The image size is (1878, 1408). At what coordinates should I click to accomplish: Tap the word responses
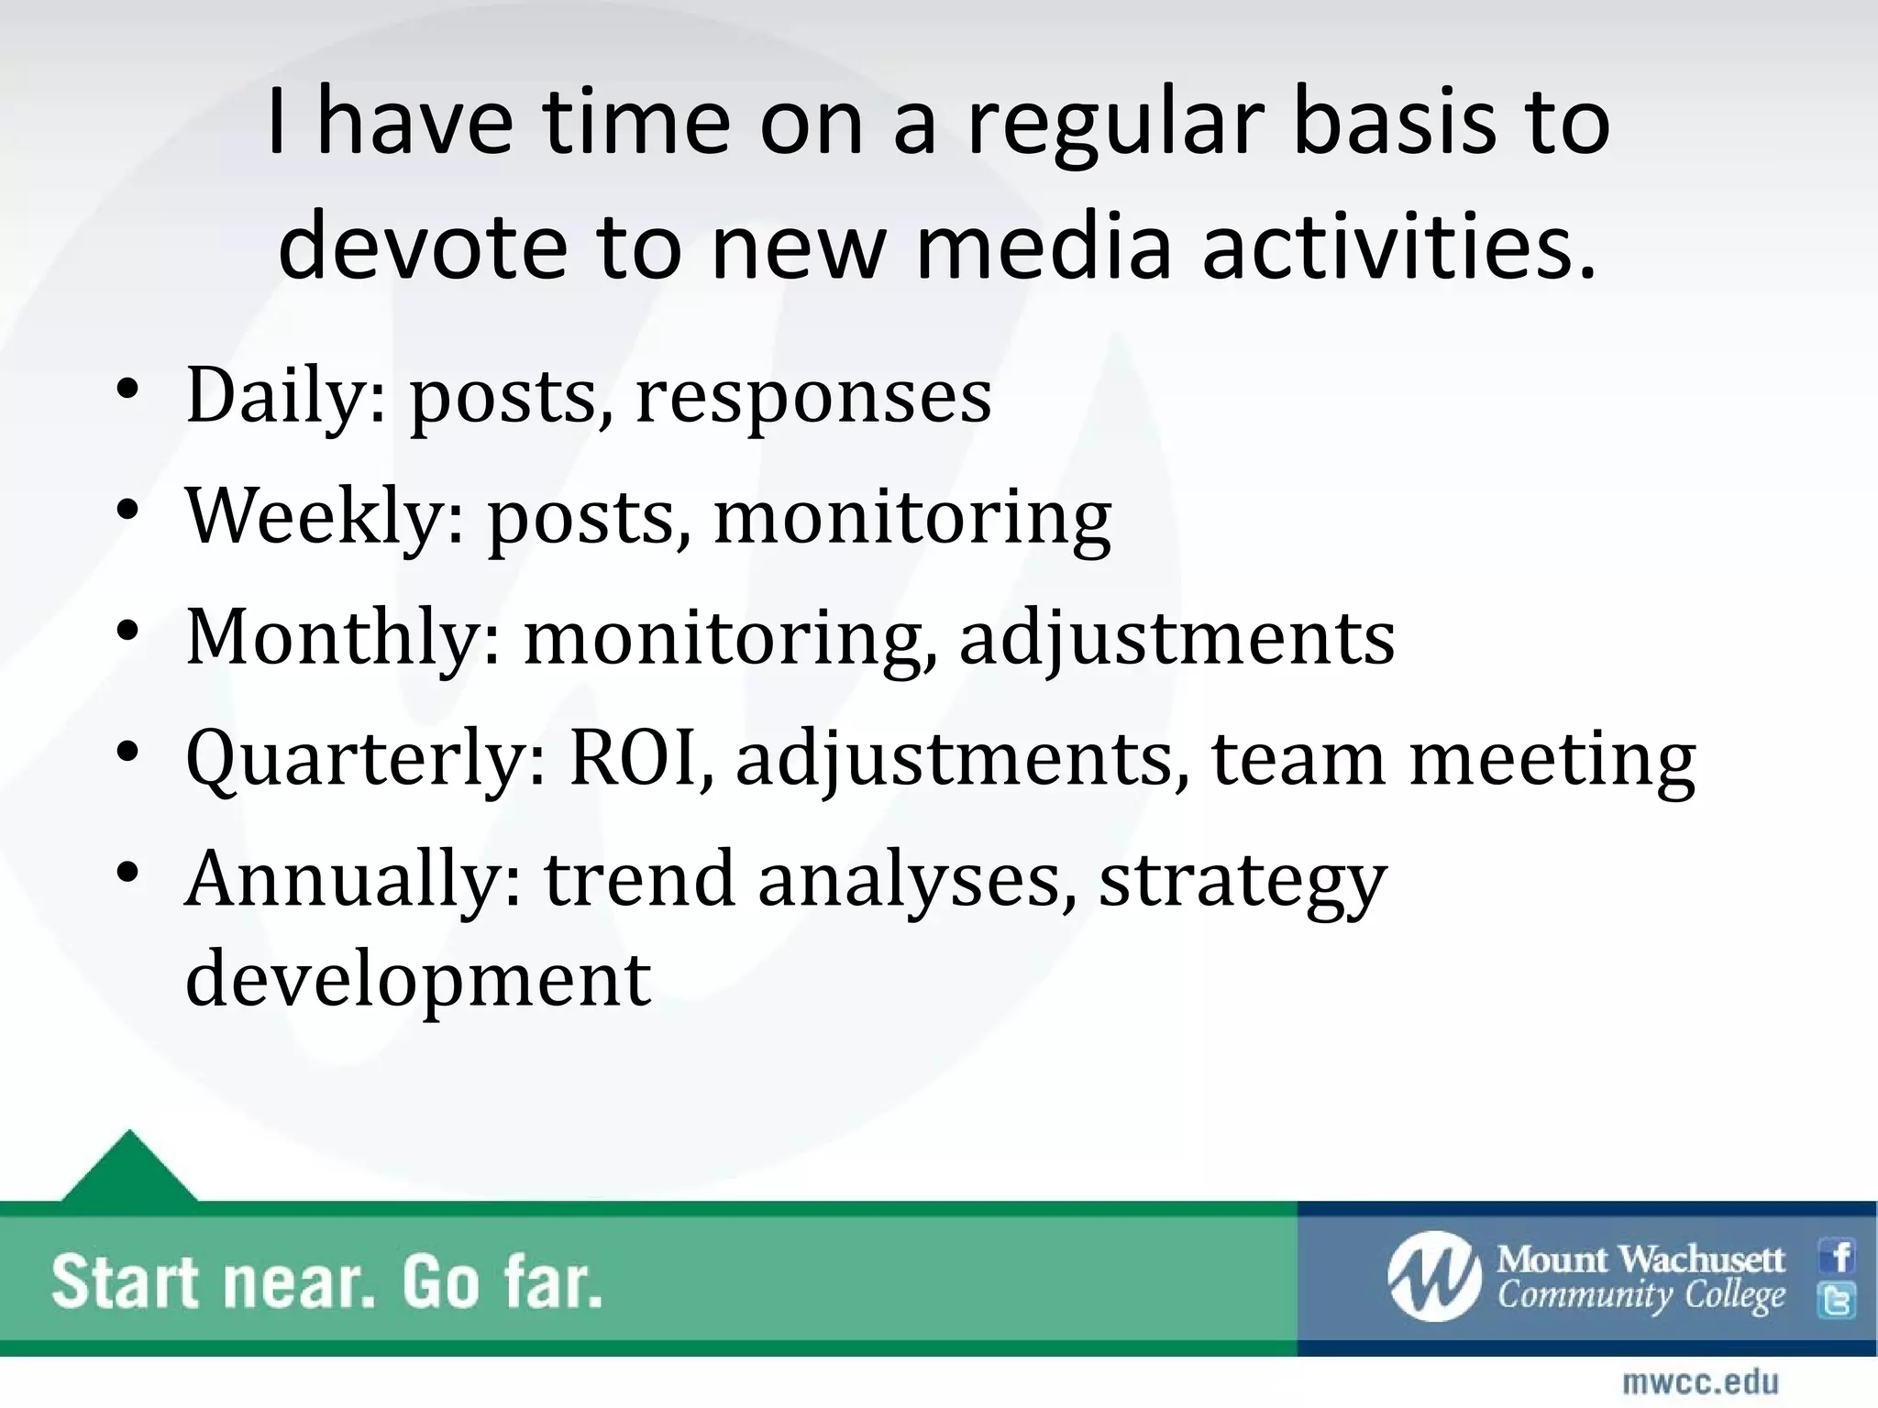click(813, 396)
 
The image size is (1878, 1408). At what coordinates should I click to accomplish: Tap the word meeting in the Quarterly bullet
click(1552, 759)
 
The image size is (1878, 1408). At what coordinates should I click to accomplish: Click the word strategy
click(1243, 878)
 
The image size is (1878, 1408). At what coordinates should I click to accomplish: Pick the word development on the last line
click(418, 979)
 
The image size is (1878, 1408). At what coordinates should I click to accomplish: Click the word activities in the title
click(1399, 247)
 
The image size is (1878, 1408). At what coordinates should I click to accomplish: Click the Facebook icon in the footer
click(1839, 1257)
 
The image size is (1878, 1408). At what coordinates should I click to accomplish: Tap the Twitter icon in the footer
click(1839, 1301)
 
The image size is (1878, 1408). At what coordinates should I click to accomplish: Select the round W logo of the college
click(1433, 1277)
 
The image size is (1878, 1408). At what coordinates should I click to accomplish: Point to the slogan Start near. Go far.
click(326, 1282)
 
